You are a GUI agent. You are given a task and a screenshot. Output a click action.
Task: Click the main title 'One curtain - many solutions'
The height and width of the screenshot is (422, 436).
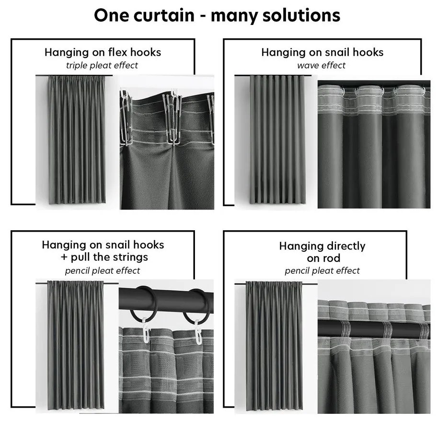[x=217, y=15]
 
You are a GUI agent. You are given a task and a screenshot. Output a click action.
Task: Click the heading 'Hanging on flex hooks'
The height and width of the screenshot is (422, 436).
[x=103, y=52]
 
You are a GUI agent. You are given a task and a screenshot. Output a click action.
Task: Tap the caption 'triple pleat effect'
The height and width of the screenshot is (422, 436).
[x=103, y=65]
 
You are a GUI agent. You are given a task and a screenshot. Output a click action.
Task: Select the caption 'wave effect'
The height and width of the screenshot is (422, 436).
[x=321, y=65]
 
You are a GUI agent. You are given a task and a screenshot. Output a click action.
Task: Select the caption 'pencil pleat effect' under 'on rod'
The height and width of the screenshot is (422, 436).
[x=322, y=271]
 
